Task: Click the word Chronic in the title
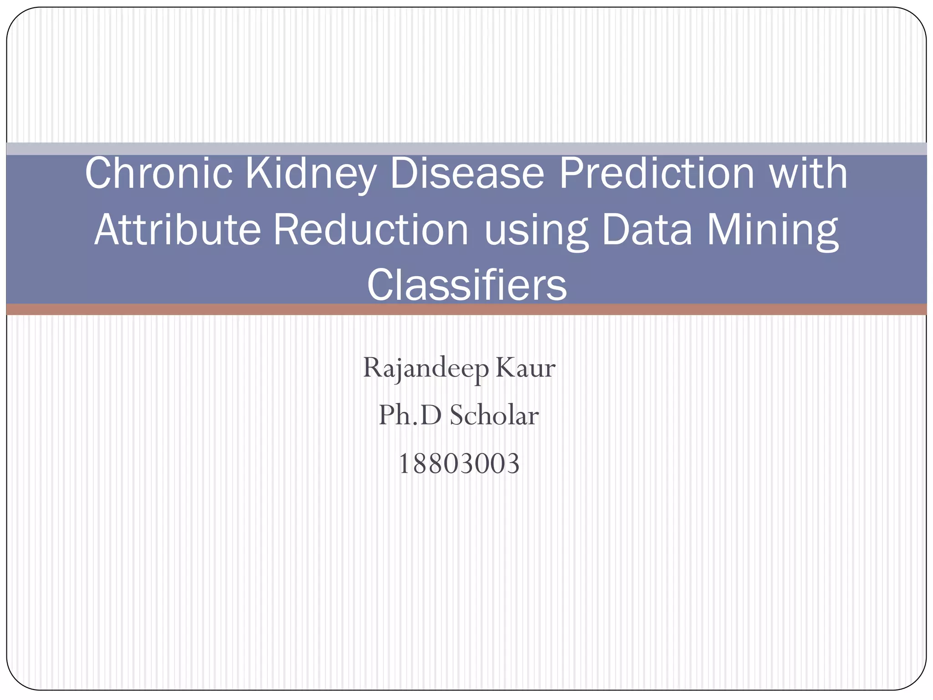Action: (x=159, y=174)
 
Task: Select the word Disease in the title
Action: (x=467, y=174)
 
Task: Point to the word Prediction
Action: (x=656, y=174)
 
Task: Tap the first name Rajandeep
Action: (x=425, y=369)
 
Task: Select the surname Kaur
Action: (x=525, y=368)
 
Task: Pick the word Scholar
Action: (x=494, y=415)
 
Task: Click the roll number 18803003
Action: (x=459, y=464)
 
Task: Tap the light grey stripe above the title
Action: (x=466, y=149)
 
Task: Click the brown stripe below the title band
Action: (x=466, y=309)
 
